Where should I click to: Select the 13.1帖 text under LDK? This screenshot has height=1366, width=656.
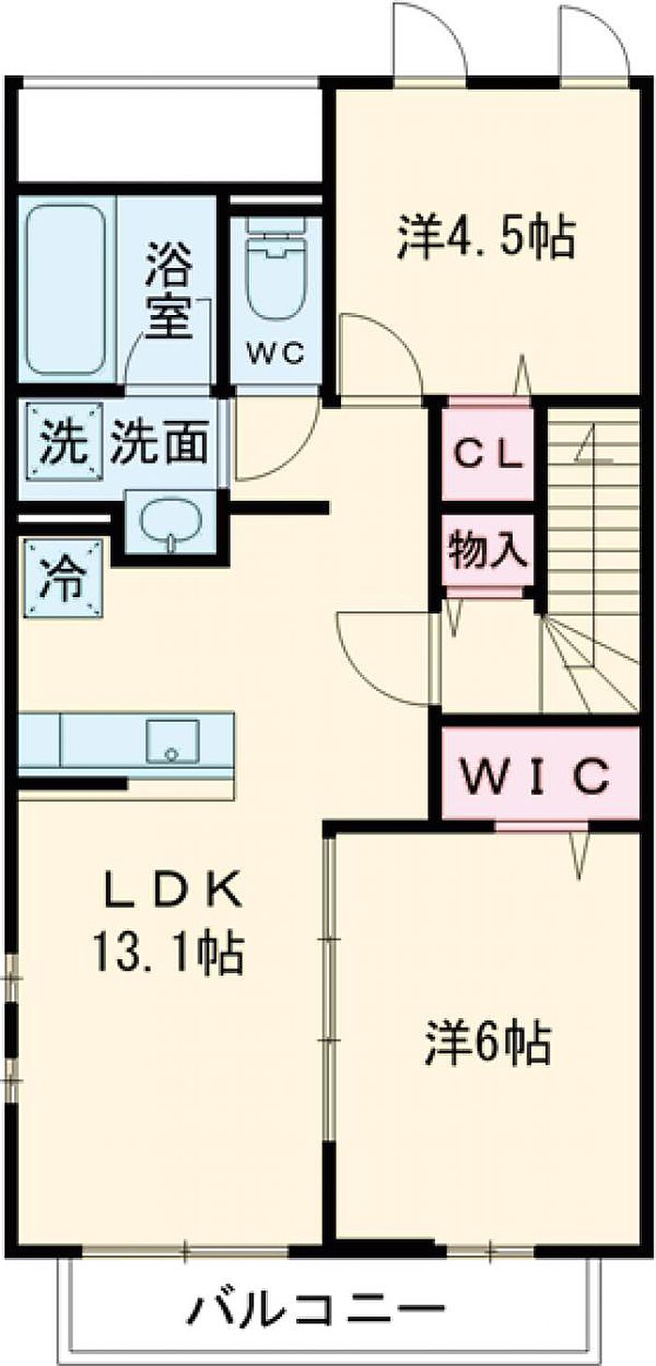point(169,952)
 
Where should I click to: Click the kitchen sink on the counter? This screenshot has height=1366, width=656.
point(171,741)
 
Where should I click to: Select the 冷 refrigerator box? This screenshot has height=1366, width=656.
point(63,577)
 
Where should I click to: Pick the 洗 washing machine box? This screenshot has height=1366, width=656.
point(63,440)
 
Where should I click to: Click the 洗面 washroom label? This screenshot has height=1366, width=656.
point(158,440)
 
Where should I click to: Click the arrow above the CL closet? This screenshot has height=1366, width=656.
point(523,376)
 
